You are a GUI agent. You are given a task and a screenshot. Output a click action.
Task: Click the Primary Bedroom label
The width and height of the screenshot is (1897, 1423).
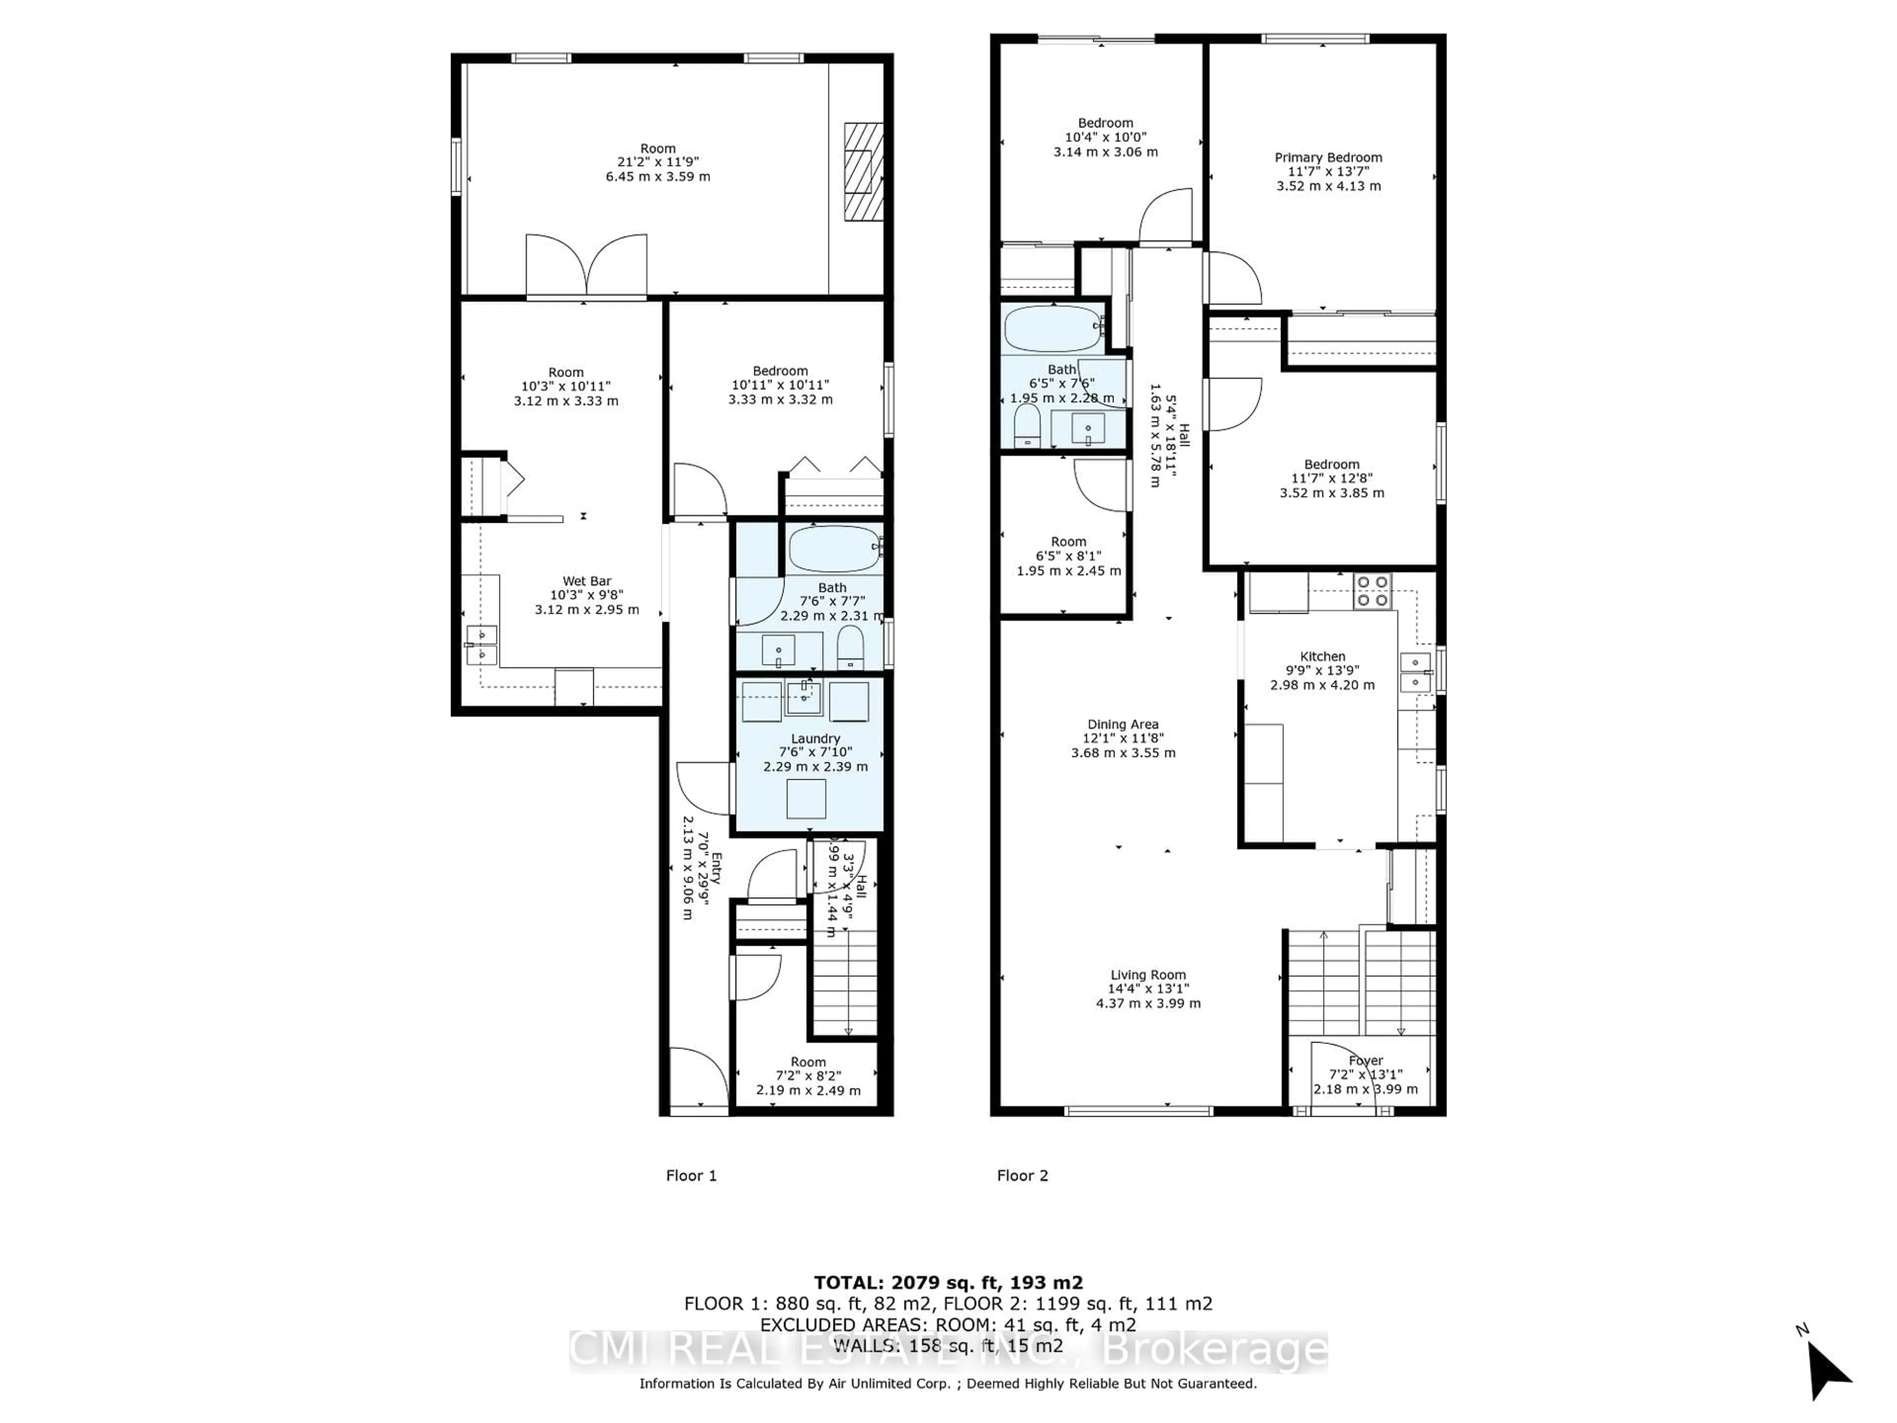(1327, 158)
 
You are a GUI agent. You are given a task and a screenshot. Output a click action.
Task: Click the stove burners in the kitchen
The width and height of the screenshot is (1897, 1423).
(1372, 591)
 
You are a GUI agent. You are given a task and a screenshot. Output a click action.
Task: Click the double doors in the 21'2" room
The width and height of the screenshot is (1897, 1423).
(586, 266)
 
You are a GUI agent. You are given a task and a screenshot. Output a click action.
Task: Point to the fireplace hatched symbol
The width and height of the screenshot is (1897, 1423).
(863, 171)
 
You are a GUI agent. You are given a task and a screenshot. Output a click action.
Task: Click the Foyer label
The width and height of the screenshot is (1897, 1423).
(1365, 1061)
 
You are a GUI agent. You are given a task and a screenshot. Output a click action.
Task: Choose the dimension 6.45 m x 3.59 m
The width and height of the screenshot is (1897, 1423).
(658, 177)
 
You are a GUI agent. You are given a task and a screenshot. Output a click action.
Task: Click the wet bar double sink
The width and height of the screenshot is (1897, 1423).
(481, 645)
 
